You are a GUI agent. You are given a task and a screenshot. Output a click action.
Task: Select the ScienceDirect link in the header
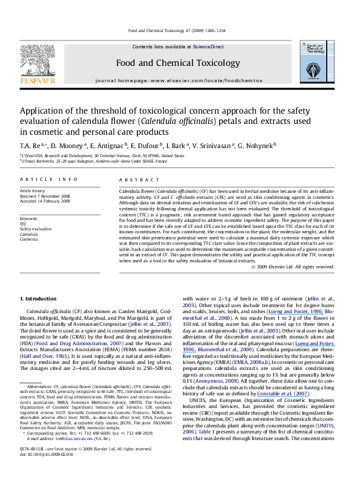[x=209, y=47]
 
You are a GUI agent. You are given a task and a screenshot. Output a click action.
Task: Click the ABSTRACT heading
[x=134, y=180]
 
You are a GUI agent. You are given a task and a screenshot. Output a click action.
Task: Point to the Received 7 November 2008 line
[x=45, y=195]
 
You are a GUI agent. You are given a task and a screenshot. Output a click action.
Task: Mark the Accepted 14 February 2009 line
[x=45, y=199]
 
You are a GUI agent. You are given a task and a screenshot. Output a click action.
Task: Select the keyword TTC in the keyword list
[x=24, y=222]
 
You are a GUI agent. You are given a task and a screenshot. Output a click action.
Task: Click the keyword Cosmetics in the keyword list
[x=29, y=239]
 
